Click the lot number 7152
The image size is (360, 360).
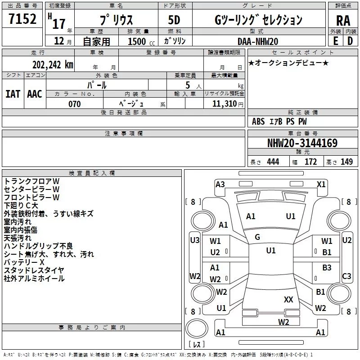point(22,20)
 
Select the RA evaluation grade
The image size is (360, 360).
point(343,21)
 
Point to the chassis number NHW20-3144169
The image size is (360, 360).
point(302,144)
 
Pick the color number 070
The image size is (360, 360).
point(75,104)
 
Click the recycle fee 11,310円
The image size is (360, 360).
point(225,104)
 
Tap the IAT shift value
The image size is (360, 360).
point(13,94)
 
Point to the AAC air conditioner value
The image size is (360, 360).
point(35,94)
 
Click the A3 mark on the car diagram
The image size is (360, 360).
point(220,184)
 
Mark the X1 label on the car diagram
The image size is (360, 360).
point(321,184)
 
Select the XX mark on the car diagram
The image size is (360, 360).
point(288,299)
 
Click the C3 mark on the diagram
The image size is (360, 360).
point(346,276)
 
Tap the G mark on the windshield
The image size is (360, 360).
point(257,237)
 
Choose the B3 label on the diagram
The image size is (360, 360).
point(327,268)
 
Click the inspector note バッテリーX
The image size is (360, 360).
point(24,262)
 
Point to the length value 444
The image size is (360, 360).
point(273,162)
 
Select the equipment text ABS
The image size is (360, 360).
point(258,121)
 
